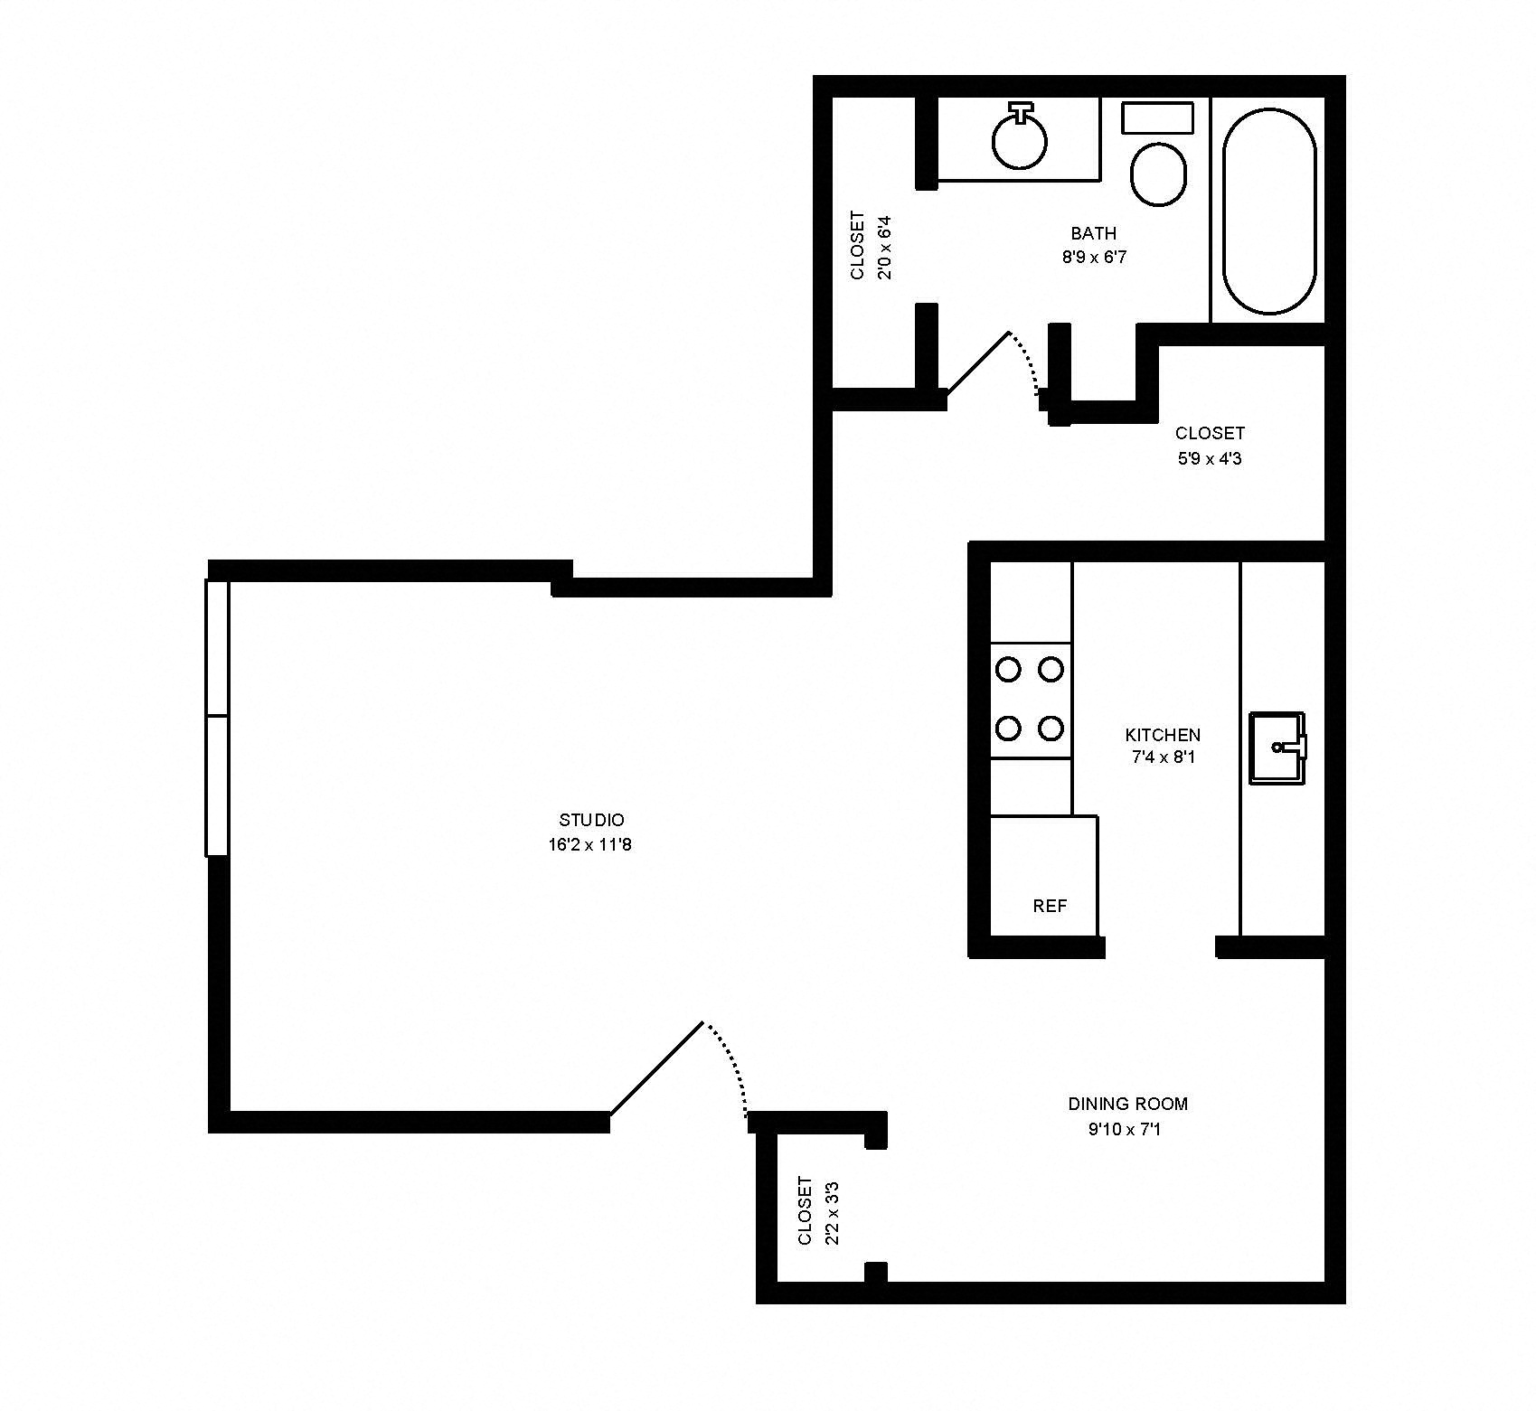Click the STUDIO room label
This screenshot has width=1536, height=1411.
tap(591, 820)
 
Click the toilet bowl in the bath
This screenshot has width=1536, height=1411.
tap(1158, 174)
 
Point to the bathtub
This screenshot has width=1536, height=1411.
tap(1268, 211)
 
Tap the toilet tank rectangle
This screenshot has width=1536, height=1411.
tap(1157, 118)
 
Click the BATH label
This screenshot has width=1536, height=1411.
tap(1094, 233)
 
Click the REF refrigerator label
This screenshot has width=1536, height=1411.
tap(1050, 906)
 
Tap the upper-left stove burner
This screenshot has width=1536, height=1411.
tap(1008, 670)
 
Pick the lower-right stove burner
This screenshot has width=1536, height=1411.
tap(1050, 727)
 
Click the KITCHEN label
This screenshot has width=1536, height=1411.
tap(1163, 734)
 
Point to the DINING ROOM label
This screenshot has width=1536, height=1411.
tap(1127, 1103)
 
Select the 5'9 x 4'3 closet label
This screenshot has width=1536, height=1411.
tap(1210, 458)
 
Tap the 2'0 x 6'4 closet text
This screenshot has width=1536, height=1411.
tap(885, 247)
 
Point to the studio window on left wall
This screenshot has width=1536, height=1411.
tap(217, 717)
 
